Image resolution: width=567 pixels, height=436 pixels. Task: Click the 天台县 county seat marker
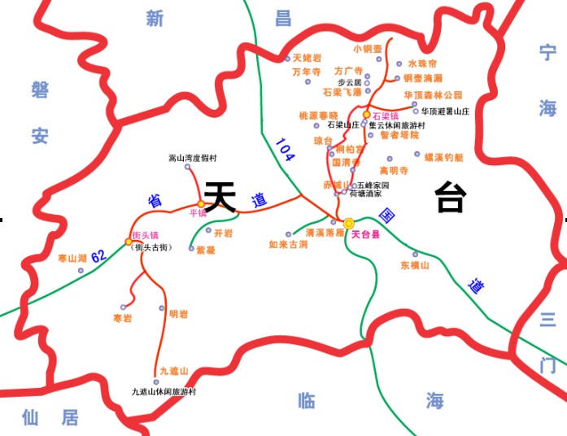349,223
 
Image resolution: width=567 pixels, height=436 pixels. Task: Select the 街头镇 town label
146,235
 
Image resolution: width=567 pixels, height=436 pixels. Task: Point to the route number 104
284,150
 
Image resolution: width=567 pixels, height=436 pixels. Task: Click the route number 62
99,256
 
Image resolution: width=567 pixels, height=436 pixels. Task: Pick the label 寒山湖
72,258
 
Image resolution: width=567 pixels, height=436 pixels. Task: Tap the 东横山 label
414,265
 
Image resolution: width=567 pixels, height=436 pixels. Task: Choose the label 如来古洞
288,244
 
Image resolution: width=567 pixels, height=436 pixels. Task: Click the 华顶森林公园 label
433,94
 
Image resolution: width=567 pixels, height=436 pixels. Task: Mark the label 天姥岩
307,59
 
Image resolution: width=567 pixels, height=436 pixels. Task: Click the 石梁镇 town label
385,116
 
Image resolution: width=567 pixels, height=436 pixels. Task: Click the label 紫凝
206,251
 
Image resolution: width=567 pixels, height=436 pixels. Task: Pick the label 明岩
178,313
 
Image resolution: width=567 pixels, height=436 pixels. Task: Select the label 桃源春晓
318,116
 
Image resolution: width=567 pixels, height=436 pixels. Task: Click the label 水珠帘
422,63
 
